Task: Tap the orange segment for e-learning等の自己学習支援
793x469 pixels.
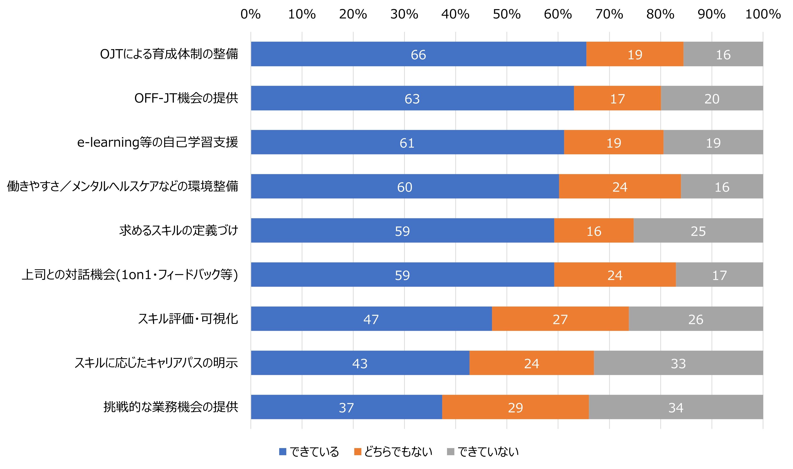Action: [613, 142]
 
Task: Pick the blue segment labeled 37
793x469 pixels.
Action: [346, 407]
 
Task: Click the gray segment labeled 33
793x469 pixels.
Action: [678, 363]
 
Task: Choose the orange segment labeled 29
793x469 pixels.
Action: [515, 407]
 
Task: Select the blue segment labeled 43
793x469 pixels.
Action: [360, 363]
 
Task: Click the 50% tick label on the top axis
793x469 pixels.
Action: [506, 14]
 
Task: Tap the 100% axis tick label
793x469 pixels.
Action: [763, 14]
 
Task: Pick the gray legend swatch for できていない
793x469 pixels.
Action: [451, 452]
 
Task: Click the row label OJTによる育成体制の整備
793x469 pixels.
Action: [169, 54]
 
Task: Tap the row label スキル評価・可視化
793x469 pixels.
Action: [188, 319]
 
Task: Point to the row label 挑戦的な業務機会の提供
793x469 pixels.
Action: [171, 407]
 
